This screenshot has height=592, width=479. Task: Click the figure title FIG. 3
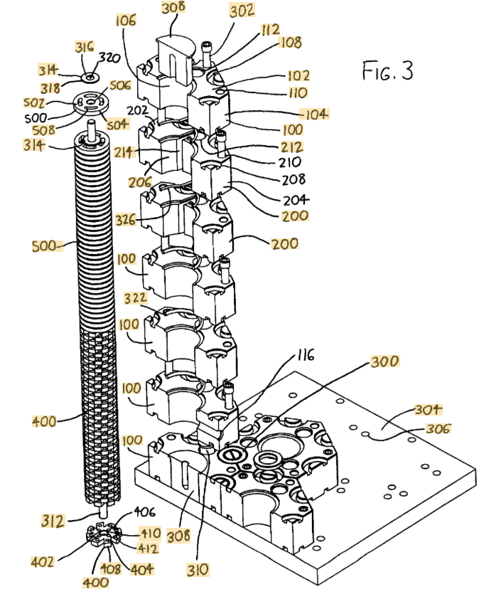[387, 70]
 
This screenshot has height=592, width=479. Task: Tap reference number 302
[242, 10]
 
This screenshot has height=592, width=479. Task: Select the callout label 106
[126, 21]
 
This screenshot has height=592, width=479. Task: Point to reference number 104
[315, 114]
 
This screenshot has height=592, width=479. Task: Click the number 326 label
[126, 219]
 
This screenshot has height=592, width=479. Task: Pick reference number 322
[136, 298]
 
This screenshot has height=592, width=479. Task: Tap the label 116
[305, 355]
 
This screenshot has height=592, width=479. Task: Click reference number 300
[384, 361]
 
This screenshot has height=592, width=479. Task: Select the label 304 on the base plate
[428, 409]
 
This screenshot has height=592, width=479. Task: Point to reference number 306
[438, 428]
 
